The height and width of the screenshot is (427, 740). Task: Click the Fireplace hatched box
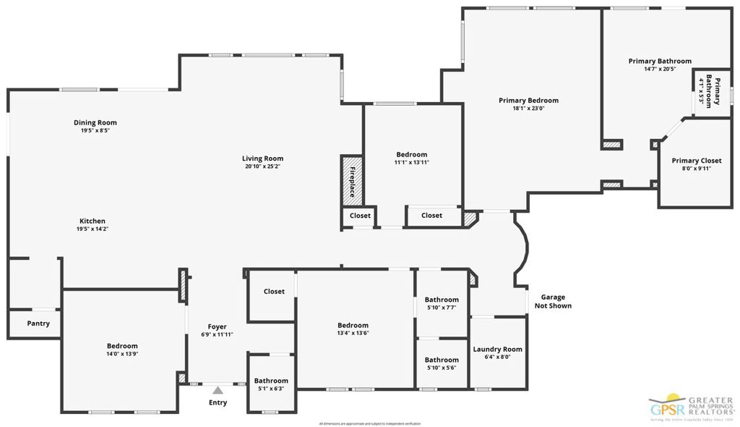[x=352, y=182]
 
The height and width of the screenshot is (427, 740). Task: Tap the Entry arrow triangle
[x=218, y=390]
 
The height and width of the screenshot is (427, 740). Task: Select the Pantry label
[x=38, y=324]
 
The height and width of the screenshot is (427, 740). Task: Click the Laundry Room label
[x=497, y=350]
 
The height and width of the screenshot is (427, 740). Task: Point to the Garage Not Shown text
[x=552, y=301]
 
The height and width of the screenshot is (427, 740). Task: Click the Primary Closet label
[x=696, y=161]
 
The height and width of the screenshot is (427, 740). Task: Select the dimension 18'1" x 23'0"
[x=528, y=109]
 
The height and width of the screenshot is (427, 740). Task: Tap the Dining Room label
[x=95, y=123]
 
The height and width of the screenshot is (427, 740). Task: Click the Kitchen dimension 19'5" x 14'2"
[x=92, y=229]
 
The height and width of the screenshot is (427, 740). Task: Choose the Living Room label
[x=262, y=158]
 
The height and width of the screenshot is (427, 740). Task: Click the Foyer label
[x=218, y=326]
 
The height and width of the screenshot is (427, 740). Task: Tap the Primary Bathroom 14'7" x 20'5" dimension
[x=660, y=69]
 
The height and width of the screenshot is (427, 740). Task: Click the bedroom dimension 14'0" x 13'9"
[x=122, y=354]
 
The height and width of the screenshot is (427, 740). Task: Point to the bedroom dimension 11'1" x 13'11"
[x=411, y=162]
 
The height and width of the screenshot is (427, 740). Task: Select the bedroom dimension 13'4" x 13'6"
[x=353, y=333]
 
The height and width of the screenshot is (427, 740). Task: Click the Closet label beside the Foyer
[x=274, y=292]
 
